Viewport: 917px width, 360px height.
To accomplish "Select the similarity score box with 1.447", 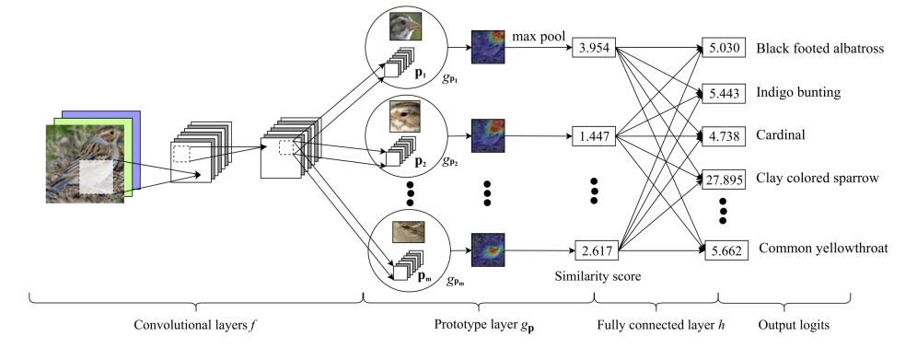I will click(x=594, y=136).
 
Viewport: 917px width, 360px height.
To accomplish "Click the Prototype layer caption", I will click(x=478, y=325).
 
